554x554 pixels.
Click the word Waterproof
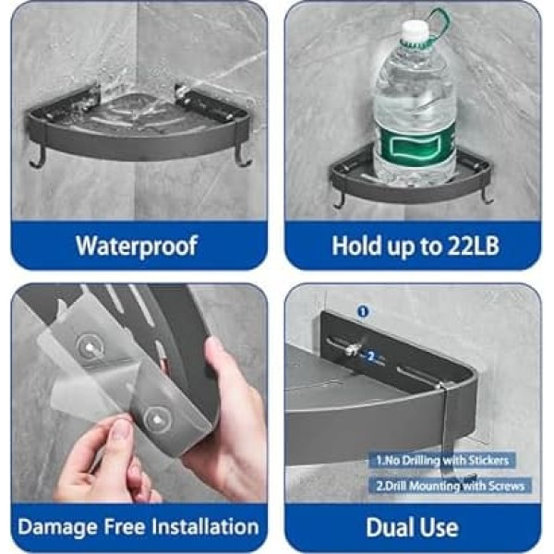[137, 247]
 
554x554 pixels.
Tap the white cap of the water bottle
[415, 30]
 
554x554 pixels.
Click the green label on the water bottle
[415, 146]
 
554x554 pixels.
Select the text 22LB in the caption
[474, 246]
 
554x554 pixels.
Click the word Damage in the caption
[58, 528]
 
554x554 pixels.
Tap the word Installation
[206, 526]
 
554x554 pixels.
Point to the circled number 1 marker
[363, 312]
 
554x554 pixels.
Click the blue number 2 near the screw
[370, 356]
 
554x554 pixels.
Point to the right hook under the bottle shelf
[487, 197]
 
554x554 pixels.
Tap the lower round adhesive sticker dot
[158, 420]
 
